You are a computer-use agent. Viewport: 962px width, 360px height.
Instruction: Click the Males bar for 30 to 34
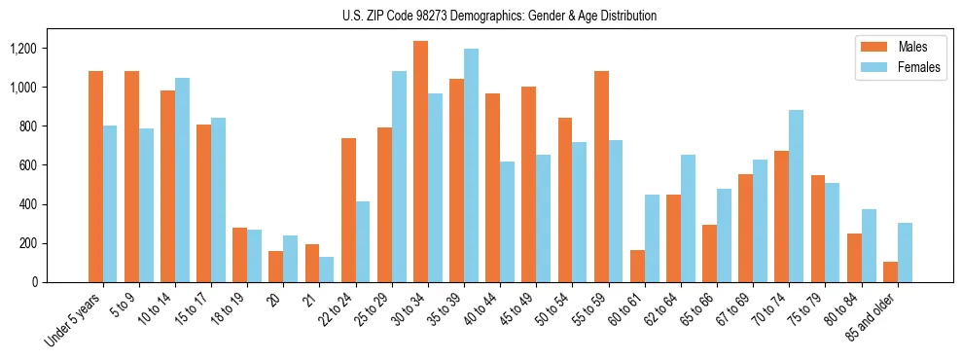pos(420,162)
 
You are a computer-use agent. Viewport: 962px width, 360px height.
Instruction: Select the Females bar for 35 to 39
pos(471,165)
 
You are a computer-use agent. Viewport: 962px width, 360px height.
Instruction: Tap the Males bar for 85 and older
pos(890,271)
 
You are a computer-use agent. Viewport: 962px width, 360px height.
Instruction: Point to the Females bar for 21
pos(326,270)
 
